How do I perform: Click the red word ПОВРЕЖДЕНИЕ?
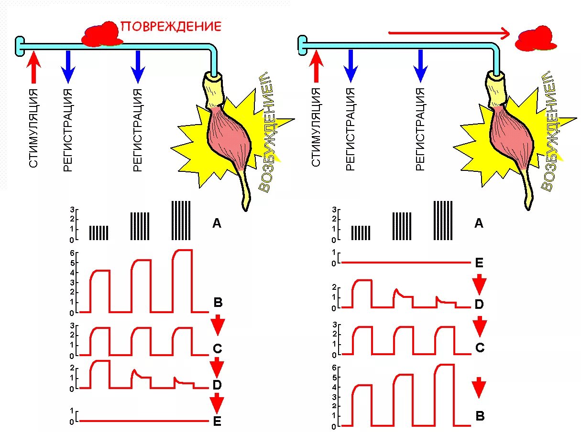click(x=171, y=26)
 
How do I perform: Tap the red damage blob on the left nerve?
click(x=101, y=35)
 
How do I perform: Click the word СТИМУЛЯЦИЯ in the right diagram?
click(x=316, y=127)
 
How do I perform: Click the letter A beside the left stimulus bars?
click(x=217, y=223)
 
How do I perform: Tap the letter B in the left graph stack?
click(x=218, y=303)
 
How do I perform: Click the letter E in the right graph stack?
click(x=480, y=263)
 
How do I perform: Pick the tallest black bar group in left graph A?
click(x=181, y=221)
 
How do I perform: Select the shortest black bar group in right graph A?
click(x=361, y=232)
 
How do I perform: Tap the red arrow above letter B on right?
click(x=480, y=388)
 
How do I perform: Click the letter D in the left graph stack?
click(x=217, y=385)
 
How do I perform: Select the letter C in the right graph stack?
click(x=480, y=348)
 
